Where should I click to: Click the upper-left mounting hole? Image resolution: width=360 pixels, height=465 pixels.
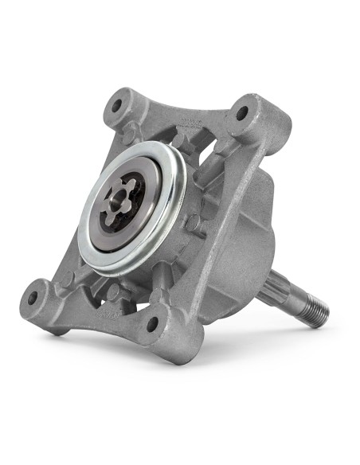[118, 104]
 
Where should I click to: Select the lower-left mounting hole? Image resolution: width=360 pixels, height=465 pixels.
[33, 299]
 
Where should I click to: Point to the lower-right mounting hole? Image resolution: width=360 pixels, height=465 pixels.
[153, 325]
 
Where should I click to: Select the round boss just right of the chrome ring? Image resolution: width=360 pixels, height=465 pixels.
[192, 224]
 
